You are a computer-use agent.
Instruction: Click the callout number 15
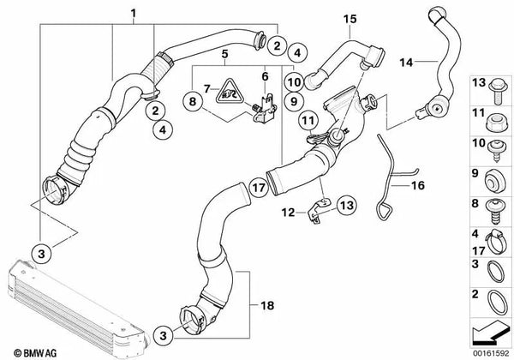(349, 18)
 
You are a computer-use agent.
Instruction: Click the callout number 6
(266, 75)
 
